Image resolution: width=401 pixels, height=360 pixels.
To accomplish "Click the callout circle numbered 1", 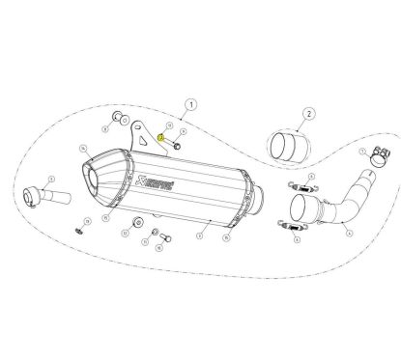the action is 191,102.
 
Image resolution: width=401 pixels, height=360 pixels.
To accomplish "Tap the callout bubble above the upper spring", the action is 291,174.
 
